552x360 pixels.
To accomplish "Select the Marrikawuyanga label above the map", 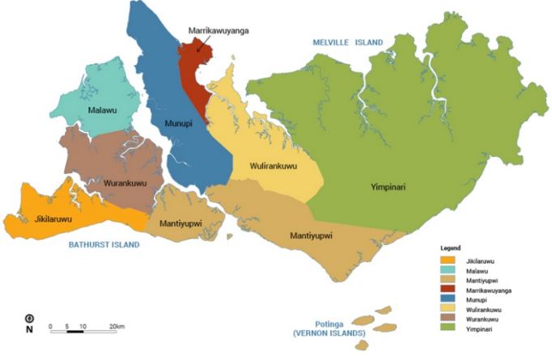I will click(218, 30).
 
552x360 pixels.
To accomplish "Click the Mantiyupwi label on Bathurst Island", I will click(180, 223).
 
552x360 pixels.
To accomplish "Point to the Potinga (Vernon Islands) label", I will click(328, 328).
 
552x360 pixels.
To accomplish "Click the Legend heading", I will click(451, 247).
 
